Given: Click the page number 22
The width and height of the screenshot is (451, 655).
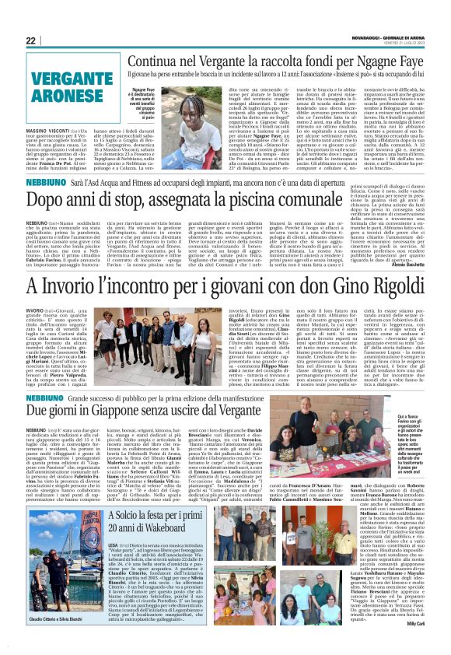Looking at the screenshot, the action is point(31,40).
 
